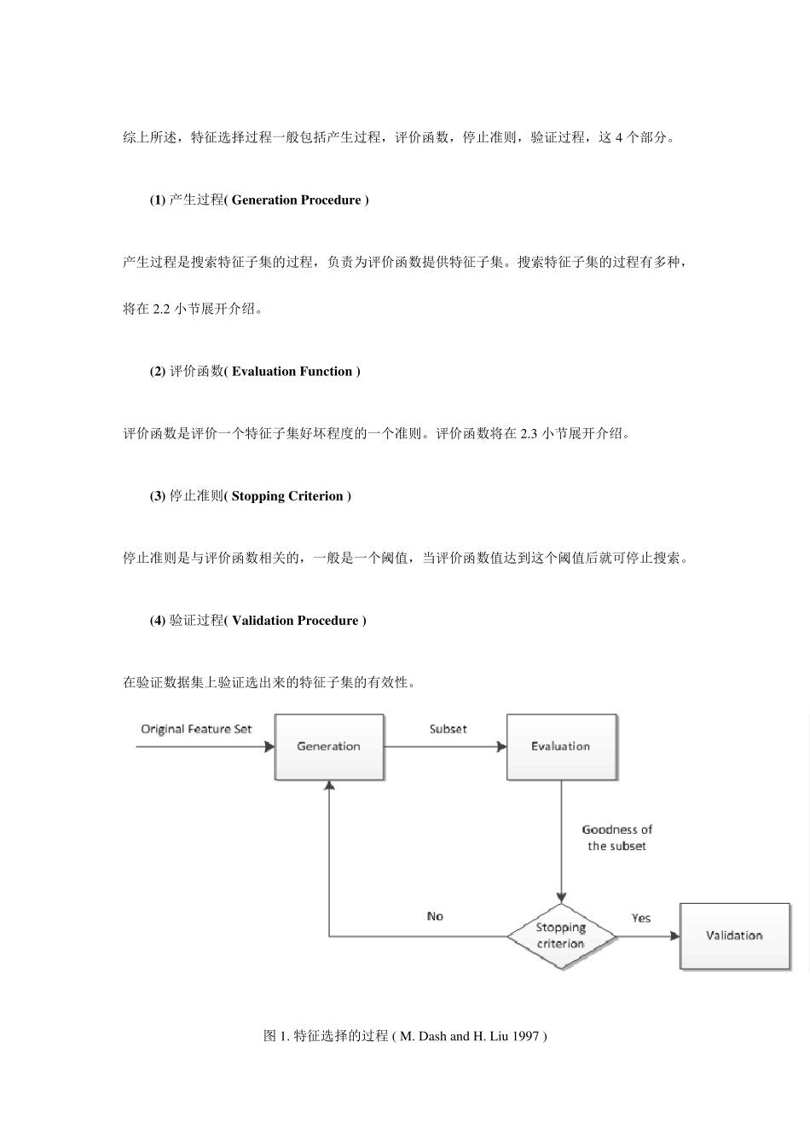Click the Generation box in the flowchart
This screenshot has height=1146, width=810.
pos(329,747)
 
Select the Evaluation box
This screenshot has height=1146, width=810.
pos(561,747)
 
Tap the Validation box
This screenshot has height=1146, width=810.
pos(733,936)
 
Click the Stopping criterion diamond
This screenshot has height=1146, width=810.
pos(561,936)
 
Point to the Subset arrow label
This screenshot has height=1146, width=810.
pos(448,729)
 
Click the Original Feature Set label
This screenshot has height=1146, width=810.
pos(196,729)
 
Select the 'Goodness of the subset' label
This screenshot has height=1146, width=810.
pos(616,838)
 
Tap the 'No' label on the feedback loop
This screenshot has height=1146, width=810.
pos(435,917)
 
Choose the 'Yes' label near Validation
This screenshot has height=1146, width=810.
pos(641,918)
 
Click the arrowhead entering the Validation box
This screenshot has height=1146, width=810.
pos(674,936)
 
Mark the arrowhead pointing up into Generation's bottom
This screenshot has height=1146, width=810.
pos(329,787)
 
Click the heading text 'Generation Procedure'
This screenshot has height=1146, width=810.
pos(296,200)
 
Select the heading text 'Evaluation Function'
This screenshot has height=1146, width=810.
pos(292,372)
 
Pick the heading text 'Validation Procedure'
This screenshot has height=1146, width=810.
pos(294,621)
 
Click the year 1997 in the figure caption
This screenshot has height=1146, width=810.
pos(525,1036)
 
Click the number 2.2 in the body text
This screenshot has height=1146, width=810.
pos(162,310)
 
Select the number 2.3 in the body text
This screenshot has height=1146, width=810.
pos(529,434)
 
